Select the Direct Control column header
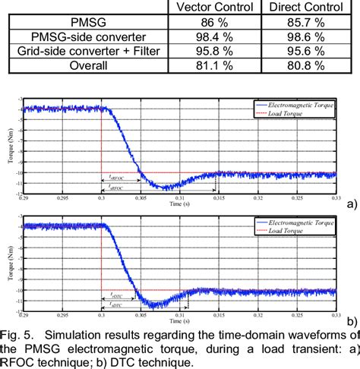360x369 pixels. pyautogui.click(x=303, y=7)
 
